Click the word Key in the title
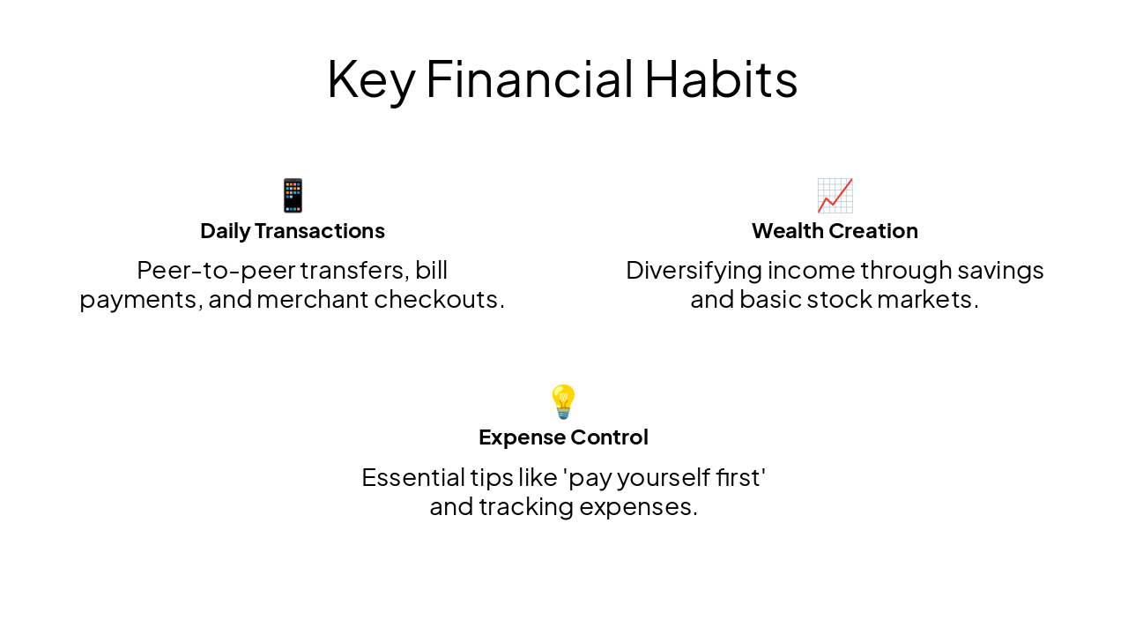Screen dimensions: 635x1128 (370, 79)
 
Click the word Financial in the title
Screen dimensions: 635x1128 (529, 79)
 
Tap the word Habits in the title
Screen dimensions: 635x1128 (721, 79)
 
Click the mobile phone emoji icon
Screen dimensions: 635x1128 (293, 195)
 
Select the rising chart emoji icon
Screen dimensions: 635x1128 (835, 195)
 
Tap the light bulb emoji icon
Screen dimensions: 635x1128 (563, 401)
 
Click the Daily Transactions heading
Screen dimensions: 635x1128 (293, 231)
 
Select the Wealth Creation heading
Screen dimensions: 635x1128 (835, 231)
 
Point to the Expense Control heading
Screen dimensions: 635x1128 (563, 437)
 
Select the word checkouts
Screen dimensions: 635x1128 (439, 300)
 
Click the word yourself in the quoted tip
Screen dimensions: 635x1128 (653, 478)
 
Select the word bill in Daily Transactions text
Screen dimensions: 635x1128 (432, 270)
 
